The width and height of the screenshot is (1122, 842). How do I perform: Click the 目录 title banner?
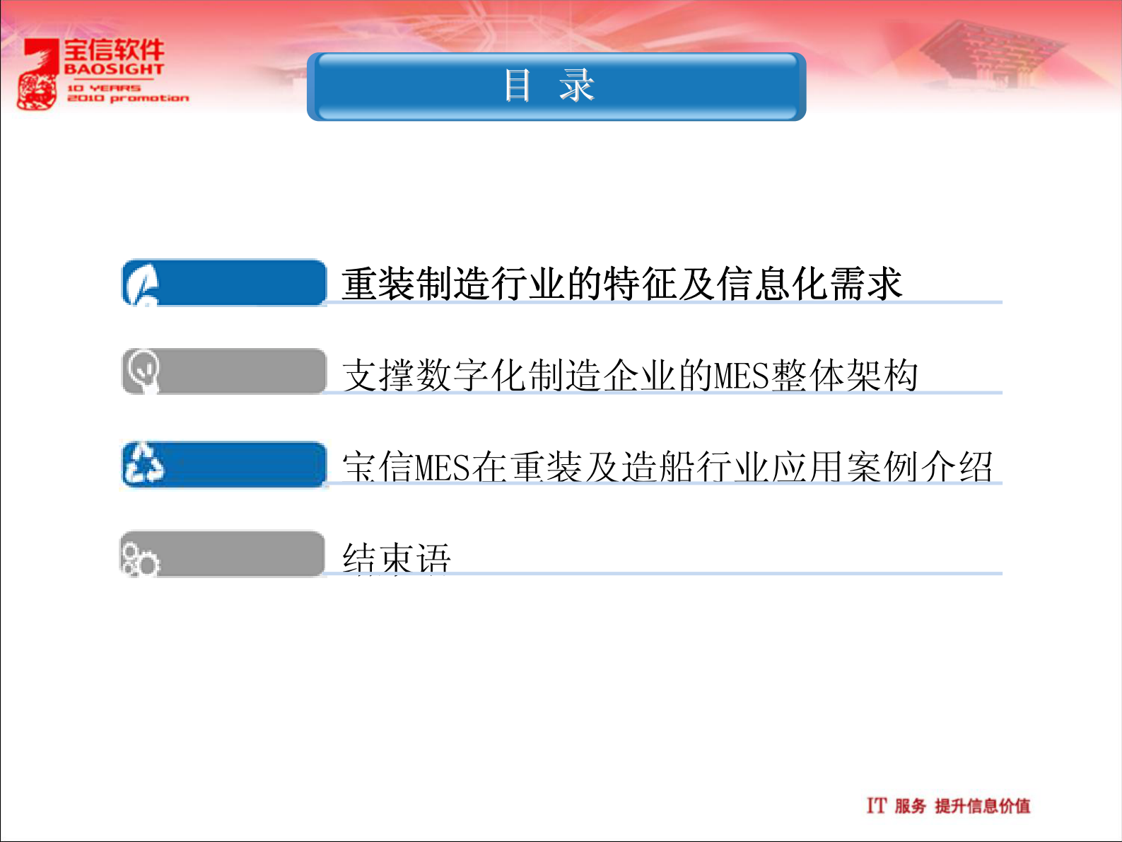(x=556, y=86)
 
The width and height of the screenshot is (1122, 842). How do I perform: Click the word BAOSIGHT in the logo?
(x=114, y=69)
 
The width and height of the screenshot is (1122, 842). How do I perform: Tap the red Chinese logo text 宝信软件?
(x=114, y=50)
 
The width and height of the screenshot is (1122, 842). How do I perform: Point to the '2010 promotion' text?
(x=128, y=98)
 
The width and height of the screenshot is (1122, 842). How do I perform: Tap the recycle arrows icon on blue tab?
(x=144, y=464)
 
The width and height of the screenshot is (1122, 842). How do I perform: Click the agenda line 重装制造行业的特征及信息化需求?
(x=621, y=284)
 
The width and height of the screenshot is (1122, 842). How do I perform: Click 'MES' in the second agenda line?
(x=741, y=376)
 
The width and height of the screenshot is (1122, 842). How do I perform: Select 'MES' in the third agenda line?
(x=443, y=467)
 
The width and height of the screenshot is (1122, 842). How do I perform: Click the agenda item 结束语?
(x=396, y=558)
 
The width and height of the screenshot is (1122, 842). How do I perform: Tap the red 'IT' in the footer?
(x=876, y=805)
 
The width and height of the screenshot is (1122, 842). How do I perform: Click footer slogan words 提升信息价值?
(x=982, y=806)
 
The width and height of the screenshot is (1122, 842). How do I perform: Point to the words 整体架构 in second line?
(x=845, y=376)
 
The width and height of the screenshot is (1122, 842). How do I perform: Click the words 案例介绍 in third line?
(x=920, y=467)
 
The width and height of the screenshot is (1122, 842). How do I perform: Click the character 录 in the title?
(x=577, y=86)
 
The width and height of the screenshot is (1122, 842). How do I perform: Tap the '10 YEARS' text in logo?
(x=104, y=88)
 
